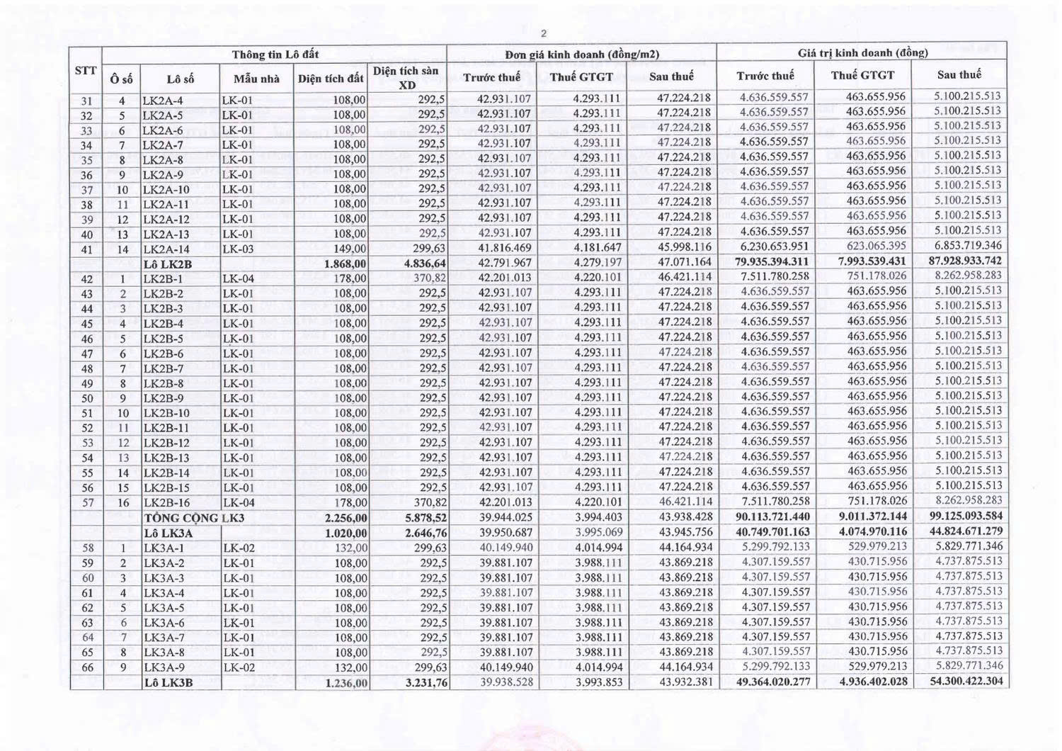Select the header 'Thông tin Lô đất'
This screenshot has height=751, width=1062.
275,55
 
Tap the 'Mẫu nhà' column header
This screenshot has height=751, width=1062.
257,79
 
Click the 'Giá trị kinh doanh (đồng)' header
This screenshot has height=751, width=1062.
862,52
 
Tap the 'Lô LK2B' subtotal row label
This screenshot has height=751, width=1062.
168,264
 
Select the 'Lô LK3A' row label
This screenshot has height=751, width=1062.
169,533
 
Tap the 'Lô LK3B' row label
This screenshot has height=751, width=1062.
169,683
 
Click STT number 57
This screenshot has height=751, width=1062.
87,503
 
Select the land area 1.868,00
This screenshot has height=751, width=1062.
345,264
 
